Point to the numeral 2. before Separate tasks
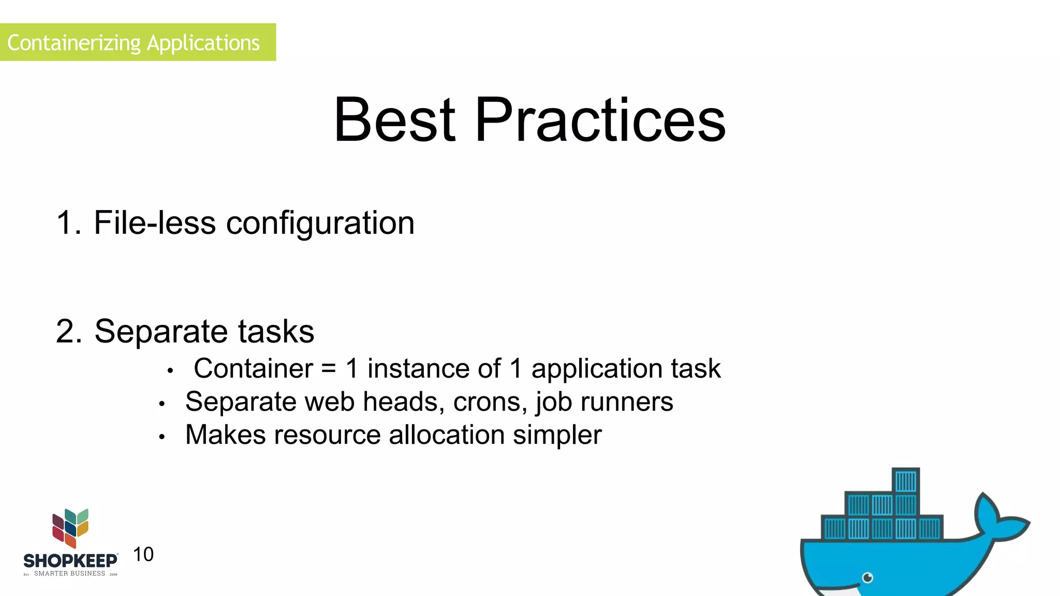tap(68, 331)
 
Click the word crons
tap(490, 402)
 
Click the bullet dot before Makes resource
tap(162, 437)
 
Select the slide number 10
tap(143, 555)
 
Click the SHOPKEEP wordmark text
tap(70, 561)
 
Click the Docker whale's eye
tap(868, 577)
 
